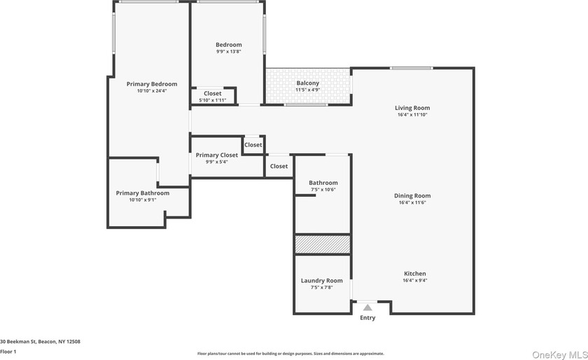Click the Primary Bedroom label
[151, 84]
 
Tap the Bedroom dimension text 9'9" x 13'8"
[228, 51]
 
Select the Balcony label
[307, 83]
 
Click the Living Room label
[412, 108]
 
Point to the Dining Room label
[412, 196]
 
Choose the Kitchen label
[414, 274]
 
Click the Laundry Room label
[322, 281]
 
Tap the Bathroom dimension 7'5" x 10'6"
[323, 189]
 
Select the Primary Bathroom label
[142, 193]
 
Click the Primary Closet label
[216, 155]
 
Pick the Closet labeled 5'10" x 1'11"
[212, 100]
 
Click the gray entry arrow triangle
[367, 307]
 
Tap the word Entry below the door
[367, 318]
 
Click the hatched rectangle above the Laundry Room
[322, 244]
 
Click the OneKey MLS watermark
[558, 354]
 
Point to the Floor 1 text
[8, 352]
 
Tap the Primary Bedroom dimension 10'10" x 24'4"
[151, 90]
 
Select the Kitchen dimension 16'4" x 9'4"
[414, 280]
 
